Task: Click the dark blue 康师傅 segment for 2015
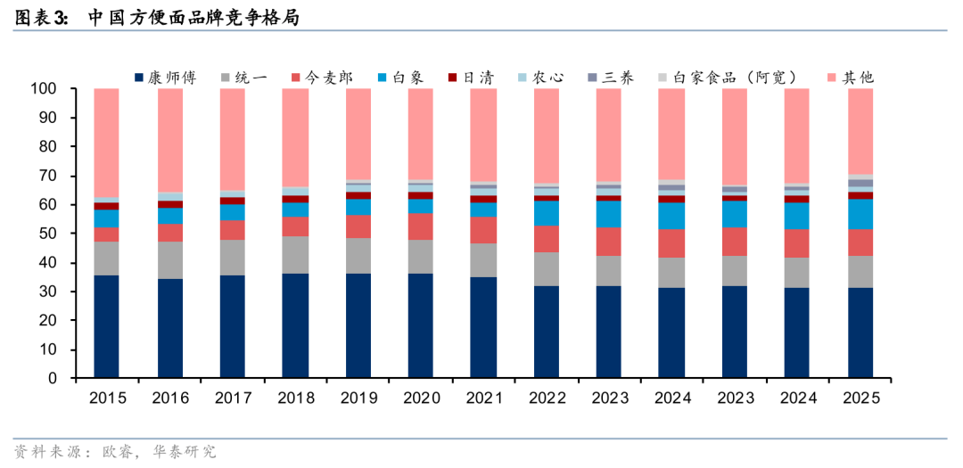pos(106,326)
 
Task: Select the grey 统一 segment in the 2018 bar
pos(295,255)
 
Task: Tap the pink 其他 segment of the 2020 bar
pos(420,134)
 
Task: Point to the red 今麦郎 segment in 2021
pos(482,230)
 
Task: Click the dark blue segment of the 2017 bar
pos(232,326)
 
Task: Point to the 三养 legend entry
pos(611,78)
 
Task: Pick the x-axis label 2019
pos(358,398)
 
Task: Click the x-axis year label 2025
pos(860,398)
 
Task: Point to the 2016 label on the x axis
pos(170,398)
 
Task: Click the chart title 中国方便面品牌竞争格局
pos(193,18)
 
